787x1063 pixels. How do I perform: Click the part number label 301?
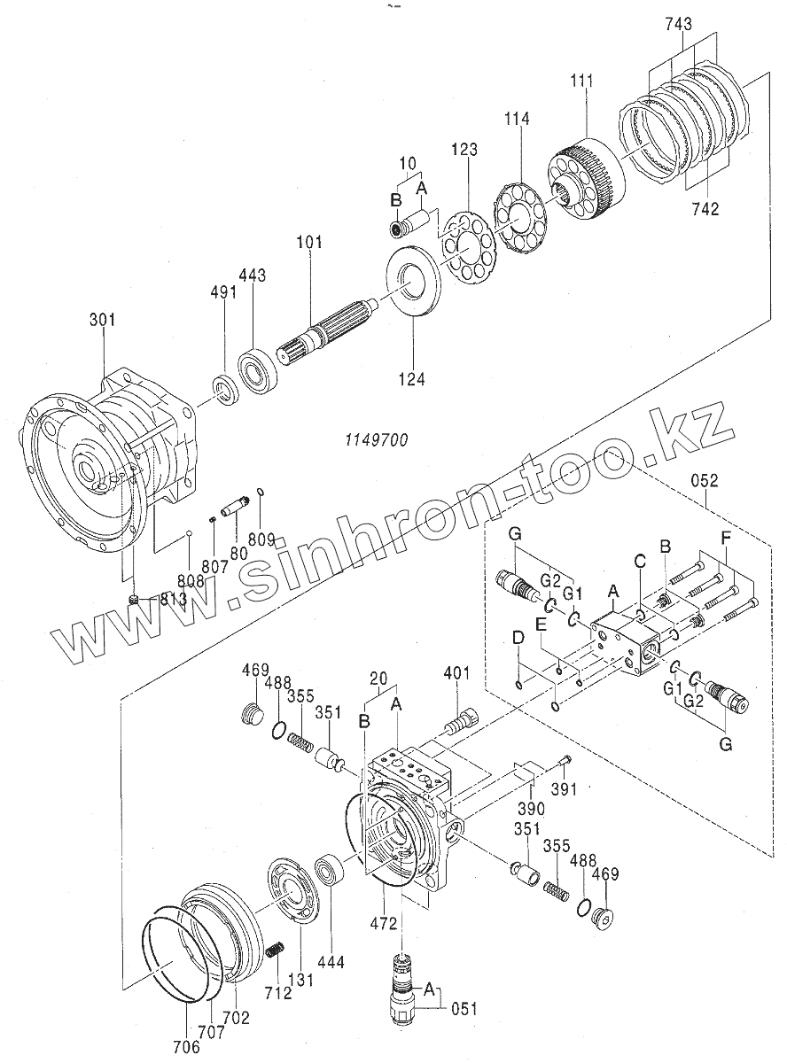[102, 320]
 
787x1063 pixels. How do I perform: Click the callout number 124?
[411, 380]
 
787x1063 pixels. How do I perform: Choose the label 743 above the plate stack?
[682, 24]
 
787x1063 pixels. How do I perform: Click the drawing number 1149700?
[376, 440]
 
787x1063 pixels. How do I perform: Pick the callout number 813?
[174, 601]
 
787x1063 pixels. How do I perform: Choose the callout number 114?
[517, 118]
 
